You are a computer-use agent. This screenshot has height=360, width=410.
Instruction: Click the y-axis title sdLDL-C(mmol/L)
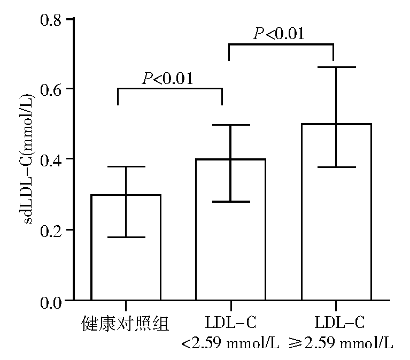pos(28,160)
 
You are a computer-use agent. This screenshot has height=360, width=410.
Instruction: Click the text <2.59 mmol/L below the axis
pos(230,343)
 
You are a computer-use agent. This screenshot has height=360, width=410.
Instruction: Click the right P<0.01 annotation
pos(279,35)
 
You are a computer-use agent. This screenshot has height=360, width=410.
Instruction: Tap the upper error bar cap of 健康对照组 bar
pos(126,167)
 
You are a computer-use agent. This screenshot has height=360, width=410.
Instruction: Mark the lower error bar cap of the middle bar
pos(230,202)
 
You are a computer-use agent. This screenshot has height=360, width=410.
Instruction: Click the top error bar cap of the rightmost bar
pos(336,67)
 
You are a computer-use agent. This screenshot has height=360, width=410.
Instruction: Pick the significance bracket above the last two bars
pos(281,45)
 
